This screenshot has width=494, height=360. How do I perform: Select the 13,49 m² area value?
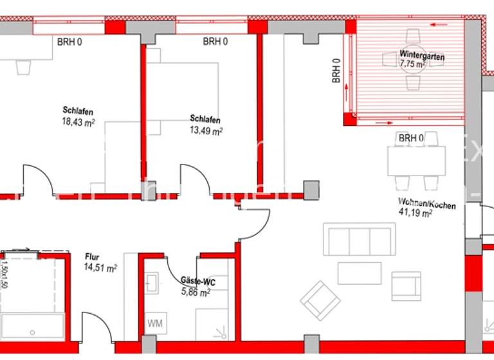coord(206,130)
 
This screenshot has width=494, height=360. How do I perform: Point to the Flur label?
coord(93,258)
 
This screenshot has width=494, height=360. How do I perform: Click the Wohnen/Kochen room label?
coord(426,205)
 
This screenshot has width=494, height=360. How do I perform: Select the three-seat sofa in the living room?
coord(360,240)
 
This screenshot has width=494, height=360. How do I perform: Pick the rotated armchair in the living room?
coord(321,299)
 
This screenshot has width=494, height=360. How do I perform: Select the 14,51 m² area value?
coord(101,268)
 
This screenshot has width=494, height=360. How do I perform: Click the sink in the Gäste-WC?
coord(152,282)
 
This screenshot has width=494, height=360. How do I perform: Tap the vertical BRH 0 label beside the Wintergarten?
coord(336,72)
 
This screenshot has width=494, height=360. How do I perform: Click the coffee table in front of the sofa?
coord(360,273)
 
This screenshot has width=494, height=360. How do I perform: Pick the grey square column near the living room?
coord(311,190)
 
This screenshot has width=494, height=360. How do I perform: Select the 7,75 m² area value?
coord(412,65)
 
